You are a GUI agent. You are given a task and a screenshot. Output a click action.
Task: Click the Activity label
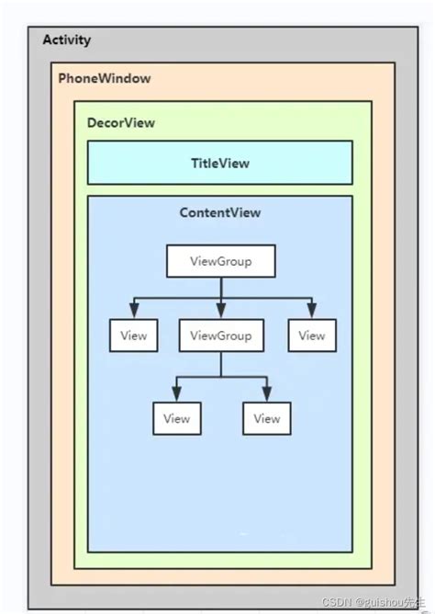click(67, 40)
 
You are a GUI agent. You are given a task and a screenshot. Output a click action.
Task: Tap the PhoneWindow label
click(105, 78)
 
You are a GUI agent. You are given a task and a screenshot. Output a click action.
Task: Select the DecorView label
click(121, 122)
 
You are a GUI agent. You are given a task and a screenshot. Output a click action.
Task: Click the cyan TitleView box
click(219, 163)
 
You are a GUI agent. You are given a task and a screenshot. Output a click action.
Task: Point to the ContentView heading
click(220, 212)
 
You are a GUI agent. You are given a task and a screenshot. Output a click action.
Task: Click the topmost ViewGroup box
click(220, 261)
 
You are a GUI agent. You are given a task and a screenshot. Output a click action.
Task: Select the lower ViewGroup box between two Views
click(220, 335)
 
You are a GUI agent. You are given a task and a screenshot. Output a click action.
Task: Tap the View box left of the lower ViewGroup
click(133, 335)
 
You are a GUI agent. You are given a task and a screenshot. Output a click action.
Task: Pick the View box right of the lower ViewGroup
click(311, 335)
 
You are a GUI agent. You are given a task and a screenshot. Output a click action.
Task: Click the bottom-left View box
click(176, 418)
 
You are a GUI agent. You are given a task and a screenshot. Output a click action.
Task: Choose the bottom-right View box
click(266, 418)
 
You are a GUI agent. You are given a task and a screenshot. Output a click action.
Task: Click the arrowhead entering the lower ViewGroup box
click(220, 313)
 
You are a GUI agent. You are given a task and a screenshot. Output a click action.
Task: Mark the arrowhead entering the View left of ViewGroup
click(133, 313)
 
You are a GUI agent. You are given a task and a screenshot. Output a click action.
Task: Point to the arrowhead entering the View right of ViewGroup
click(312, 313)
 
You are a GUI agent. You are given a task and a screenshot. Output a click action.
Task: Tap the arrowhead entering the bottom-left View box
click(176, 395)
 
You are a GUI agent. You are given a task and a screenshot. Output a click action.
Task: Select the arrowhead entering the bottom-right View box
click(266, 395)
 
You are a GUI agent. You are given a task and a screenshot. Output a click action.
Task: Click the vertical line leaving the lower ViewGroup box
click(220, 365)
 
